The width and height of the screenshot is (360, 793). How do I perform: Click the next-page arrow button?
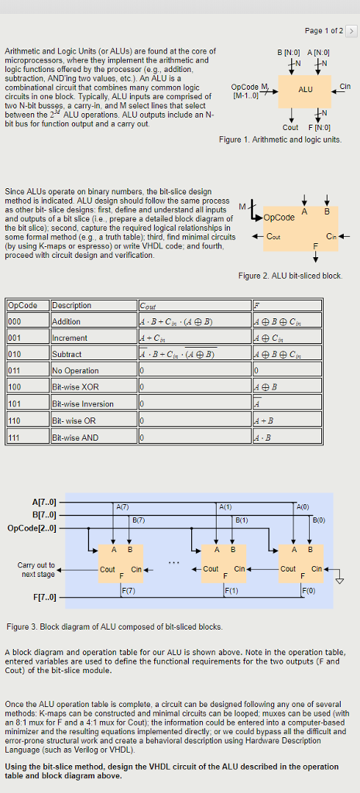click(x=351, y=30)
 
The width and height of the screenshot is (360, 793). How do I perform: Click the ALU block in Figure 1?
click(x=306, y=89)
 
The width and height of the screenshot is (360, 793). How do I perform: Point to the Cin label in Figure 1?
click(x=345, y=86)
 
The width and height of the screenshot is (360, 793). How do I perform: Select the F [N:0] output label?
click(x=318, y=128)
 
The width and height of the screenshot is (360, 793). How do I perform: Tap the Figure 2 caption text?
click(x=290, y=276)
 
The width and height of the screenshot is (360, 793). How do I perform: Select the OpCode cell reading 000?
click(x=16, y=321)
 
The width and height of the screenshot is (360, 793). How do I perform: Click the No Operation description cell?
click(x=75, y=370)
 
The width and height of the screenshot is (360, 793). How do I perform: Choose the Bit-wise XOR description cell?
click(x=75, y=386)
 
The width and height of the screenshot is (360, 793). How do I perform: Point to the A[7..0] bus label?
click(x=43, y=503)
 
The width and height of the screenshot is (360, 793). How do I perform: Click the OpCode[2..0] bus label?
click(x=33, y=528)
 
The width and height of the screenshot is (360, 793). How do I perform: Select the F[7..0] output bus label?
click(x=43, y=597)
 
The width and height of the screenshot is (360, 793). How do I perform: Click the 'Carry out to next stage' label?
click(x=36, y=569)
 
